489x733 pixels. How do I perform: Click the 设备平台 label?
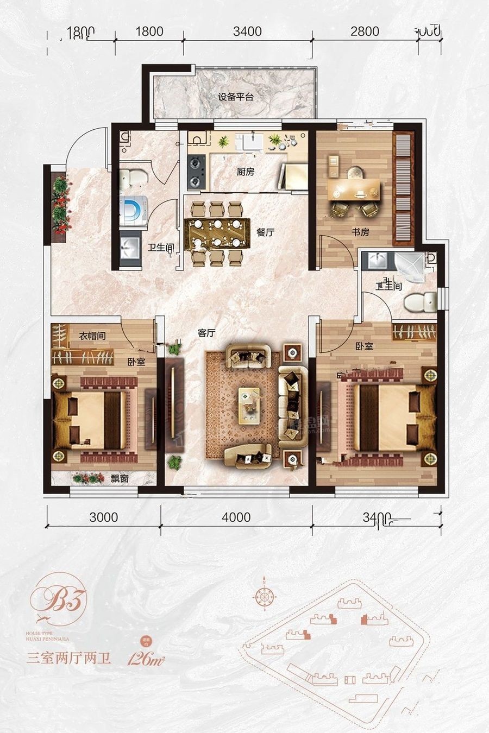236,98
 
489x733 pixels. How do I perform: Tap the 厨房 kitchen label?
245,172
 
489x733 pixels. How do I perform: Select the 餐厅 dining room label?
265,232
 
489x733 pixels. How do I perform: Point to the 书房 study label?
360,232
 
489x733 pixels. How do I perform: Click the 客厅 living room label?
206,333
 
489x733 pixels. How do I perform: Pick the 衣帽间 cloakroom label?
92,336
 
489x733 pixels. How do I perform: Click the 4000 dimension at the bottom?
236,516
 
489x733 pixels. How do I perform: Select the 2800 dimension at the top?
365,31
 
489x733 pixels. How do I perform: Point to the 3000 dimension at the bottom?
103,516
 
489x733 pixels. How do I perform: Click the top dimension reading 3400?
247,31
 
